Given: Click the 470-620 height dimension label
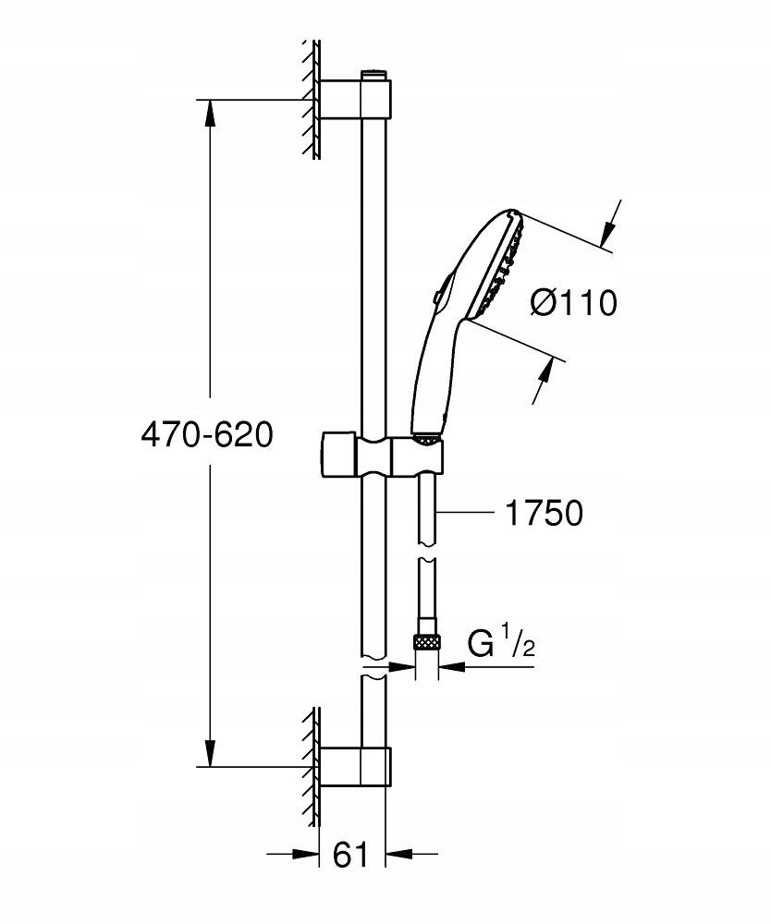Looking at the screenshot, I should (x=206, y=434).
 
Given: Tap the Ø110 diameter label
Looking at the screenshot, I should (x=574, y=302).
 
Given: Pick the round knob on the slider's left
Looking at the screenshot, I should (x=335, y=453).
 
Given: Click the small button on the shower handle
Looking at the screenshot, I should (x=435, y=296).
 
